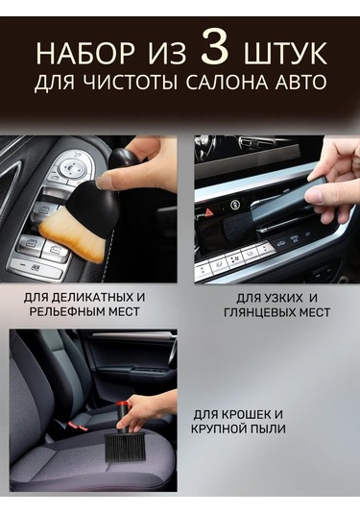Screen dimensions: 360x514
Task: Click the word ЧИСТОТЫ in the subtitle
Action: [131, 82]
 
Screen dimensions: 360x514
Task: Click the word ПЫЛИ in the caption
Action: [269, 428]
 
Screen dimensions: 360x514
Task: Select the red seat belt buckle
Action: [75, 427]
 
